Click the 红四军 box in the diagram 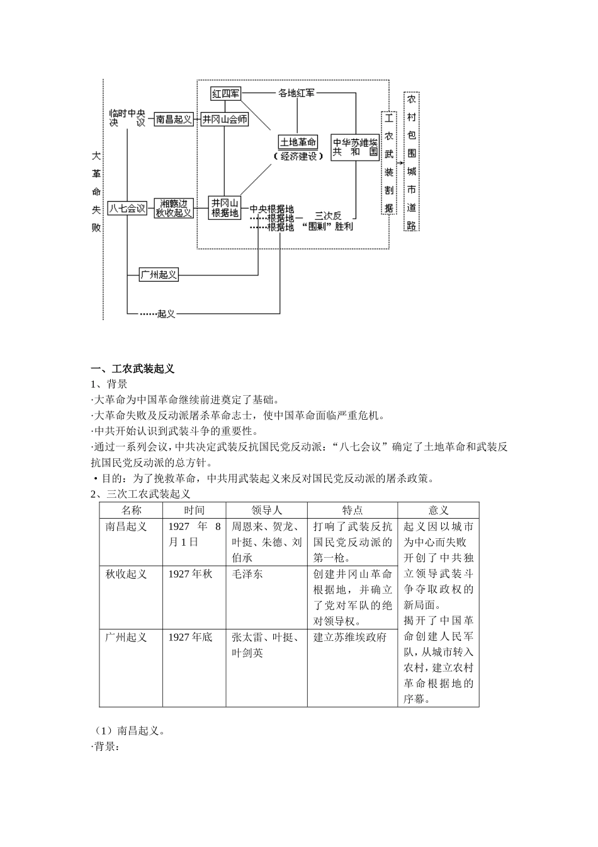tap(226, 94)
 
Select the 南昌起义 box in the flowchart tap(174, 118)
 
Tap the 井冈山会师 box tap(225, 118)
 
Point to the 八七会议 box tap(127, 208)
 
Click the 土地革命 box tap(298, 142)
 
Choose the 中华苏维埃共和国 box tap(356, 147)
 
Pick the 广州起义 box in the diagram tap(159, 274)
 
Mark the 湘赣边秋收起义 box tap(174, 208)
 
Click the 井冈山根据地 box tap(225, 208)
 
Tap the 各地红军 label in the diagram tap(296, 93)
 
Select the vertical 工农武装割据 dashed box tap(389, 163)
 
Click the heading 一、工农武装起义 tap(133, 369)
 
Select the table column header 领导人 tap(266, 510)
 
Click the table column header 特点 tap(353, 510)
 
